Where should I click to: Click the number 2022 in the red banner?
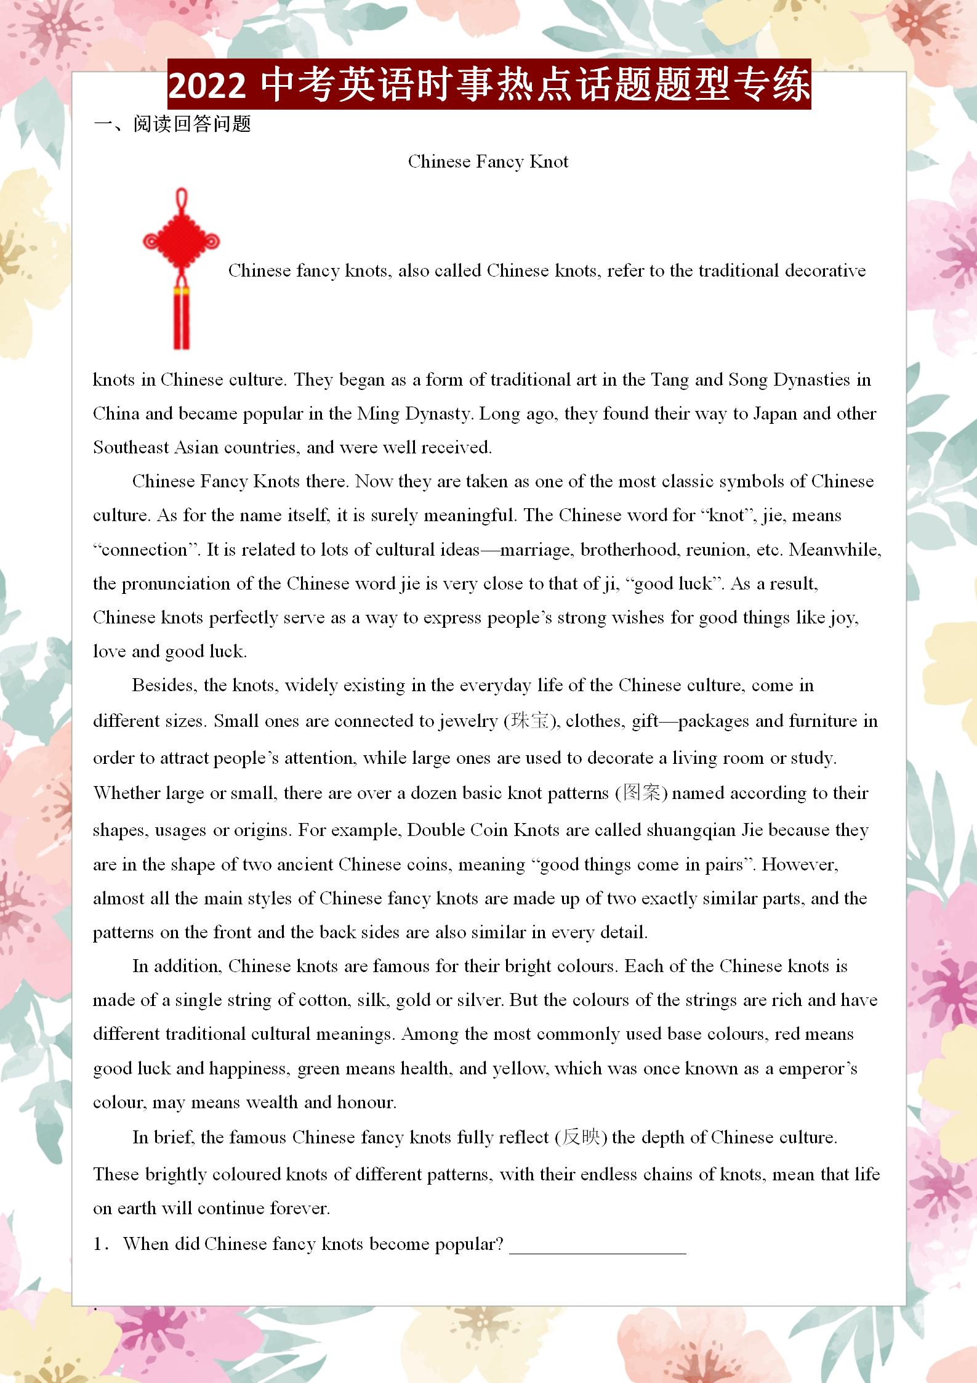(x=207, y=85)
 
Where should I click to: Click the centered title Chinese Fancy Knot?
(x=488, y=161)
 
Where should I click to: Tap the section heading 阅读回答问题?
(x=191, y=124)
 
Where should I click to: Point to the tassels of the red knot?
(x=181, y=320)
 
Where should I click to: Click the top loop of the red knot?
(x=181, y=200)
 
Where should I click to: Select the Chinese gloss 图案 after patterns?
(x=641, y=793)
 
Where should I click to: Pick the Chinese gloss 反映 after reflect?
(x=581, y=1137)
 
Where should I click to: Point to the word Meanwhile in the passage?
(x=835, y=550)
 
